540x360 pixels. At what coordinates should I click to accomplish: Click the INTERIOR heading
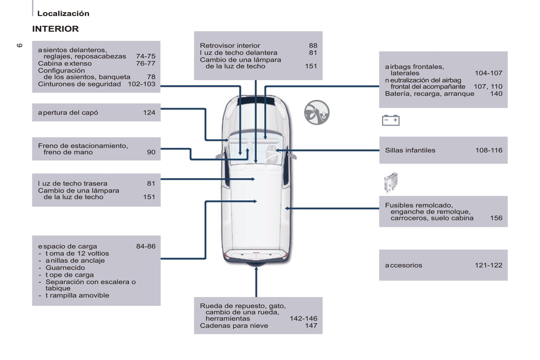[x=55, y=29]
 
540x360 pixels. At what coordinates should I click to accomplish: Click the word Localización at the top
[x=63, y=13]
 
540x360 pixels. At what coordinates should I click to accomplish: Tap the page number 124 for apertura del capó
[x=149, y=112]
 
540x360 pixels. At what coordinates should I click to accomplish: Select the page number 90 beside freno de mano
[x=151, y=152]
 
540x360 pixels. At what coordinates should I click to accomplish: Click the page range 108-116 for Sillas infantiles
[x=488, y=150]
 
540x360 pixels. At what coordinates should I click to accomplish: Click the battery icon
[x=391, y=120]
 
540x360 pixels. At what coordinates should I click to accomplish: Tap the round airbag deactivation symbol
[x=317, y=112]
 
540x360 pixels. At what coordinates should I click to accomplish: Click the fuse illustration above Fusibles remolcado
[x=391, y=182]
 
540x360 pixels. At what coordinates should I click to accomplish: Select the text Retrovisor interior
[x=230, y=46]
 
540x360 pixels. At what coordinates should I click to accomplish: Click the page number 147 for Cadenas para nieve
[x=311, y=326]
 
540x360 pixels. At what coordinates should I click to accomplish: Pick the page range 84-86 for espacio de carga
[x=146, y=246]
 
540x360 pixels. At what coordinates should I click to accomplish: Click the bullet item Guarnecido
[x=65, y=267]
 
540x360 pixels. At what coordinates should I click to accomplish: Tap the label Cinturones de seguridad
[x=79, y=84]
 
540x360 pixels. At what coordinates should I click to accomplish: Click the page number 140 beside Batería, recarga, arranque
[x=496, y=94]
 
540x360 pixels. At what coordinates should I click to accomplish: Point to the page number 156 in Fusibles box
[x=496, y=218]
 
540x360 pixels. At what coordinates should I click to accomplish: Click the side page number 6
[x=19, y=45]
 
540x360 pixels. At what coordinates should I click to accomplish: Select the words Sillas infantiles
[x=410, y=150]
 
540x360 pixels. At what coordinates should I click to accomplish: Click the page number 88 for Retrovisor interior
[x=313, y=46]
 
